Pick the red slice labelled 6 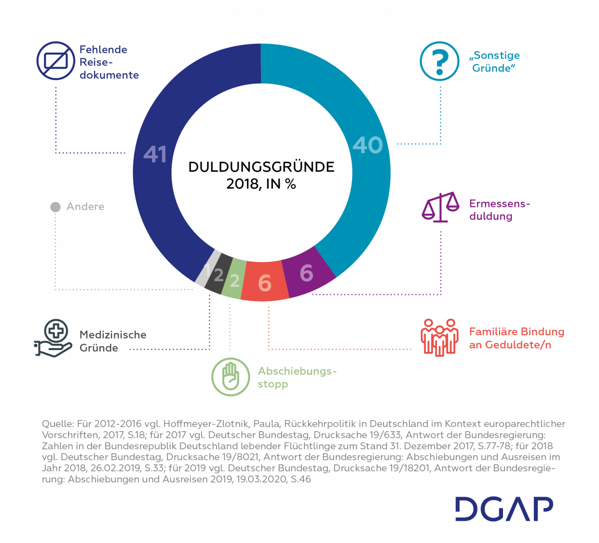click(265, 282)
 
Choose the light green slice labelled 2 click(234, 280)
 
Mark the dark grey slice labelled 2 click(218, 275)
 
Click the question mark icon click(439, 61)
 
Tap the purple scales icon click(440, 207)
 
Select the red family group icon click(439, 337)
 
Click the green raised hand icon click(231, 377)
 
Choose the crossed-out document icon click(56, 61)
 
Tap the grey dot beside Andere click(55, 207)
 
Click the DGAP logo click(504, 508)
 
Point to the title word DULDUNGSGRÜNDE click(261, 167)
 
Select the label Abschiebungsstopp click(297, 378)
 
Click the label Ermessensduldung click(499, 210)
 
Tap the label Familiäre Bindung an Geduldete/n click(517, 338)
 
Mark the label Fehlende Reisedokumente click(109, 62)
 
